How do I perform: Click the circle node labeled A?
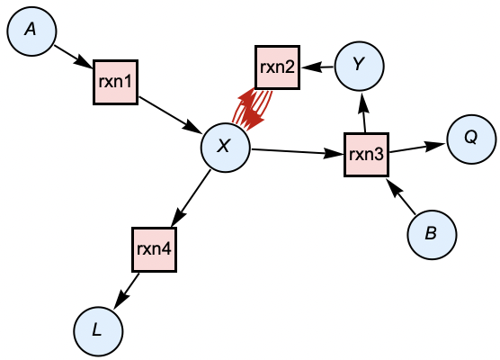pyautogui.click(x=31, y=31)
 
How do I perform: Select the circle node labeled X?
pyautogui.click(x=225, y=147)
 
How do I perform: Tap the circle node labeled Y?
pyautogui.click(x=359, y=64)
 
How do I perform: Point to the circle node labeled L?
pyautogui.click(x=97, y=331)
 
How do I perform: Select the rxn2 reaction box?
pyautogui.click(x=277, y=67)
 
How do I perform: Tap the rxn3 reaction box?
pyautogui.click(x=367, y=155)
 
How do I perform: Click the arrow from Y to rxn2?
pyautogui.click(x=317, y=66)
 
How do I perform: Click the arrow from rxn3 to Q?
pyautogui.click(x=417, y=148)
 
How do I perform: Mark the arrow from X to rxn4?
pyautogui.click(x=191, y=195)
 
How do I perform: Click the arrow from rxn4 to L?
pyautogui.click(x=127, y=288)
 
